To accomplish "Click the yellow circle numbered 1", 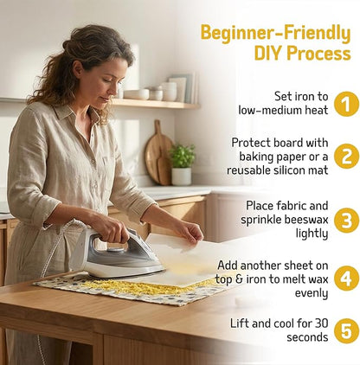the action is coord(346,104).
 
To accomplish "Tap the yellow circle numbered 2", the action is coord(346,157).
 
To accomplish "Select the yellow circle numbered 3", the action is coord(346,221).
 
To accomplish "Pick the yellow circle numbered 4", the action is coord(346,279).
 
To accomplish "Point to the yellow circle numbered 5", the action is coord(346,331).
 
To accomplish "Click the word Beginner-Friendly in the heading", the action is coord(276,34).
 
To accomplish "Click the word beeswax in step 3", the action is coord(306,220).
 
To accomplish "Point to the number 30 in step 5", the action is coord(322,323).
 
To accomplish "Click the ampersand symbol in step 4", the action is coord(238,279).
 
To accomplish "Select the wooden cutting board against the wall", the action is coord(158,153).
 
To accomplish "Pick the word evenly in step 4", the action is coord(312,293).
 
